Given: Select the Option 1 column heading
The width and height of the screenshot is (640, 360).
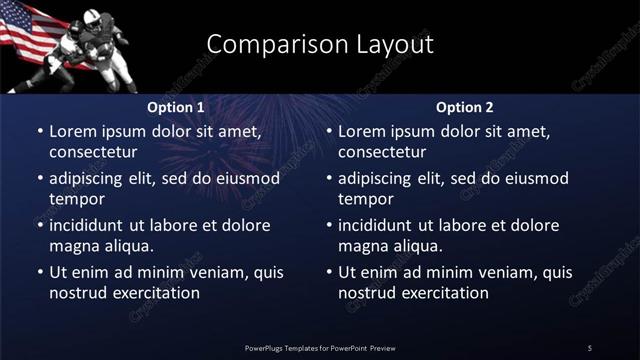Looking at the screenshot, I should (176, 107).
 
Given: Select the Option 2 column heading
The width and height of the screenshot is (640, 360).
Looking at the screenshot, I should (465, 107).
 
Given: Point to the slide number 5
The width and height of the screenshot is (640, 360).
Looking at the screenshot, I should (590, 347).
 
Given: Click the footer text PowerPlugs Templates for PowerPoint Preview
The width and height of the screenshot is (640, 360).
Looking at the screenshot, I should (320, 347).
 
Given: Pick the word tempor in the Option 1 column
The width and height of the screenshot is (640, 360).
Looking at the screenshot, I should (73, 199).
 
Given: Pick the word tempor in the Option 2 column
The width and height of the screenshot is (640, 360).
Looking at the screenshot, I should (362, 199).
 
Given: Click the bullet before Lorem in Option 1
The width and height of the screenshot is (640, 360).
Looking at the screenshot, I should (40, 131).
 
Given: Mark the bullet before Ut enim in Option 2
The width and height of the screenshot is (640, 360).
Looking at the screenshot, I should (329, 272).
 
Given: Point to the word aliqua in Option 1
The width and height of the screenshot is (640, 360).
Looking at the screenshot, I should (128, 246).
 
